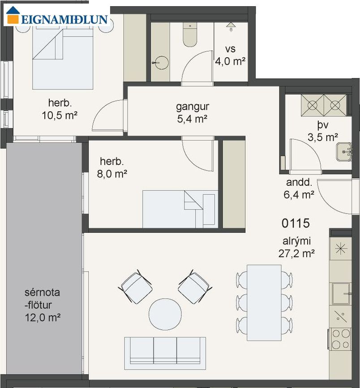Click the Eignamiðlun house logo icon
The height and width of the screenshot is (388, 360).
point(13,15)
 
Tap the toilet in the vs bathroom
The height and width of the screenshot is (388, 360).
point(190,34)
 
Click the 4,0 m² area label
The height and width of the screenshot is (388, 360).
point(230,61)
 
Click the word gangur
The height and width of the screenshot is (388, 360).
point(193,107)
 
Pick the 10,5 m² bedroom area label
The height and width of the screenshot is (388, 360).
point(60,115)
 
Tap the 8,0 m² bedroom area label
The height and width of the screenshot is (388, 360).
point(112,174)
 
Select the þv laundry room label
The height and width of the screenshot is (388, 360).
point(323,125)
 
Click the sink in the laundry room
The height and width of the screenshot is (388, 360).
point(344,152)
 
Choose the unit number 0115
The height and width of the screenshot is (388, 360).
point(296,223)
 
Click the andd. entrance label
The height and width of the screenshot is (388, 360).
point(299,183)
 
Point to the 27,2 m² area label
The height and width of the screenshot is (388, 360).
point(296,253)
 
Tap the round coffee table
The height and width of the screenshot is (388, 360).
point(165,314)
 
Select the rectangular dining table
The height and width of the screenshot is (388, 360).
point(264,303)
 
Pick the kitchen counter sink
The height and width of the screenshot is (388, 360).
point(341,294)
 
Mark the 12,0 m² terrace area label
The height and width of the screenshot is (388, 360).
point(43,317)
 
